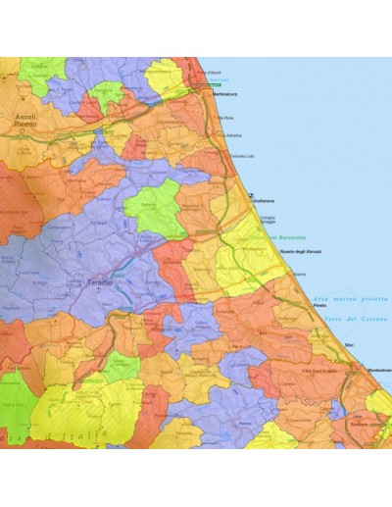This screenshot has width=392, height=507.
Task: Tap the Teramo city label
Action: pos(101,281)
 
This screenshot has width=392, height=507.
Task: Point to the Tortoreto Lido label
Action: pos(243,155)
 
